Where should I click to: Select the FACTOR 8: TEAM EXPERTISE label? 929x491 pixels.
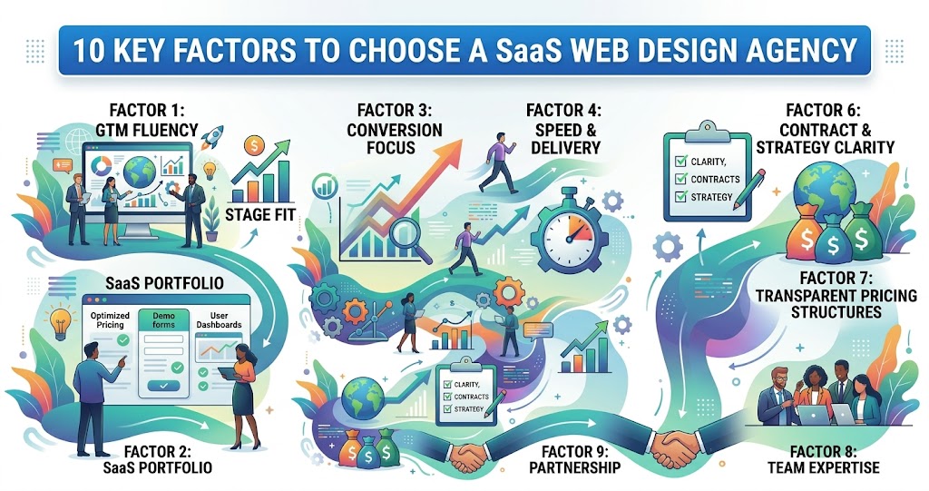pos(834,459)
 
